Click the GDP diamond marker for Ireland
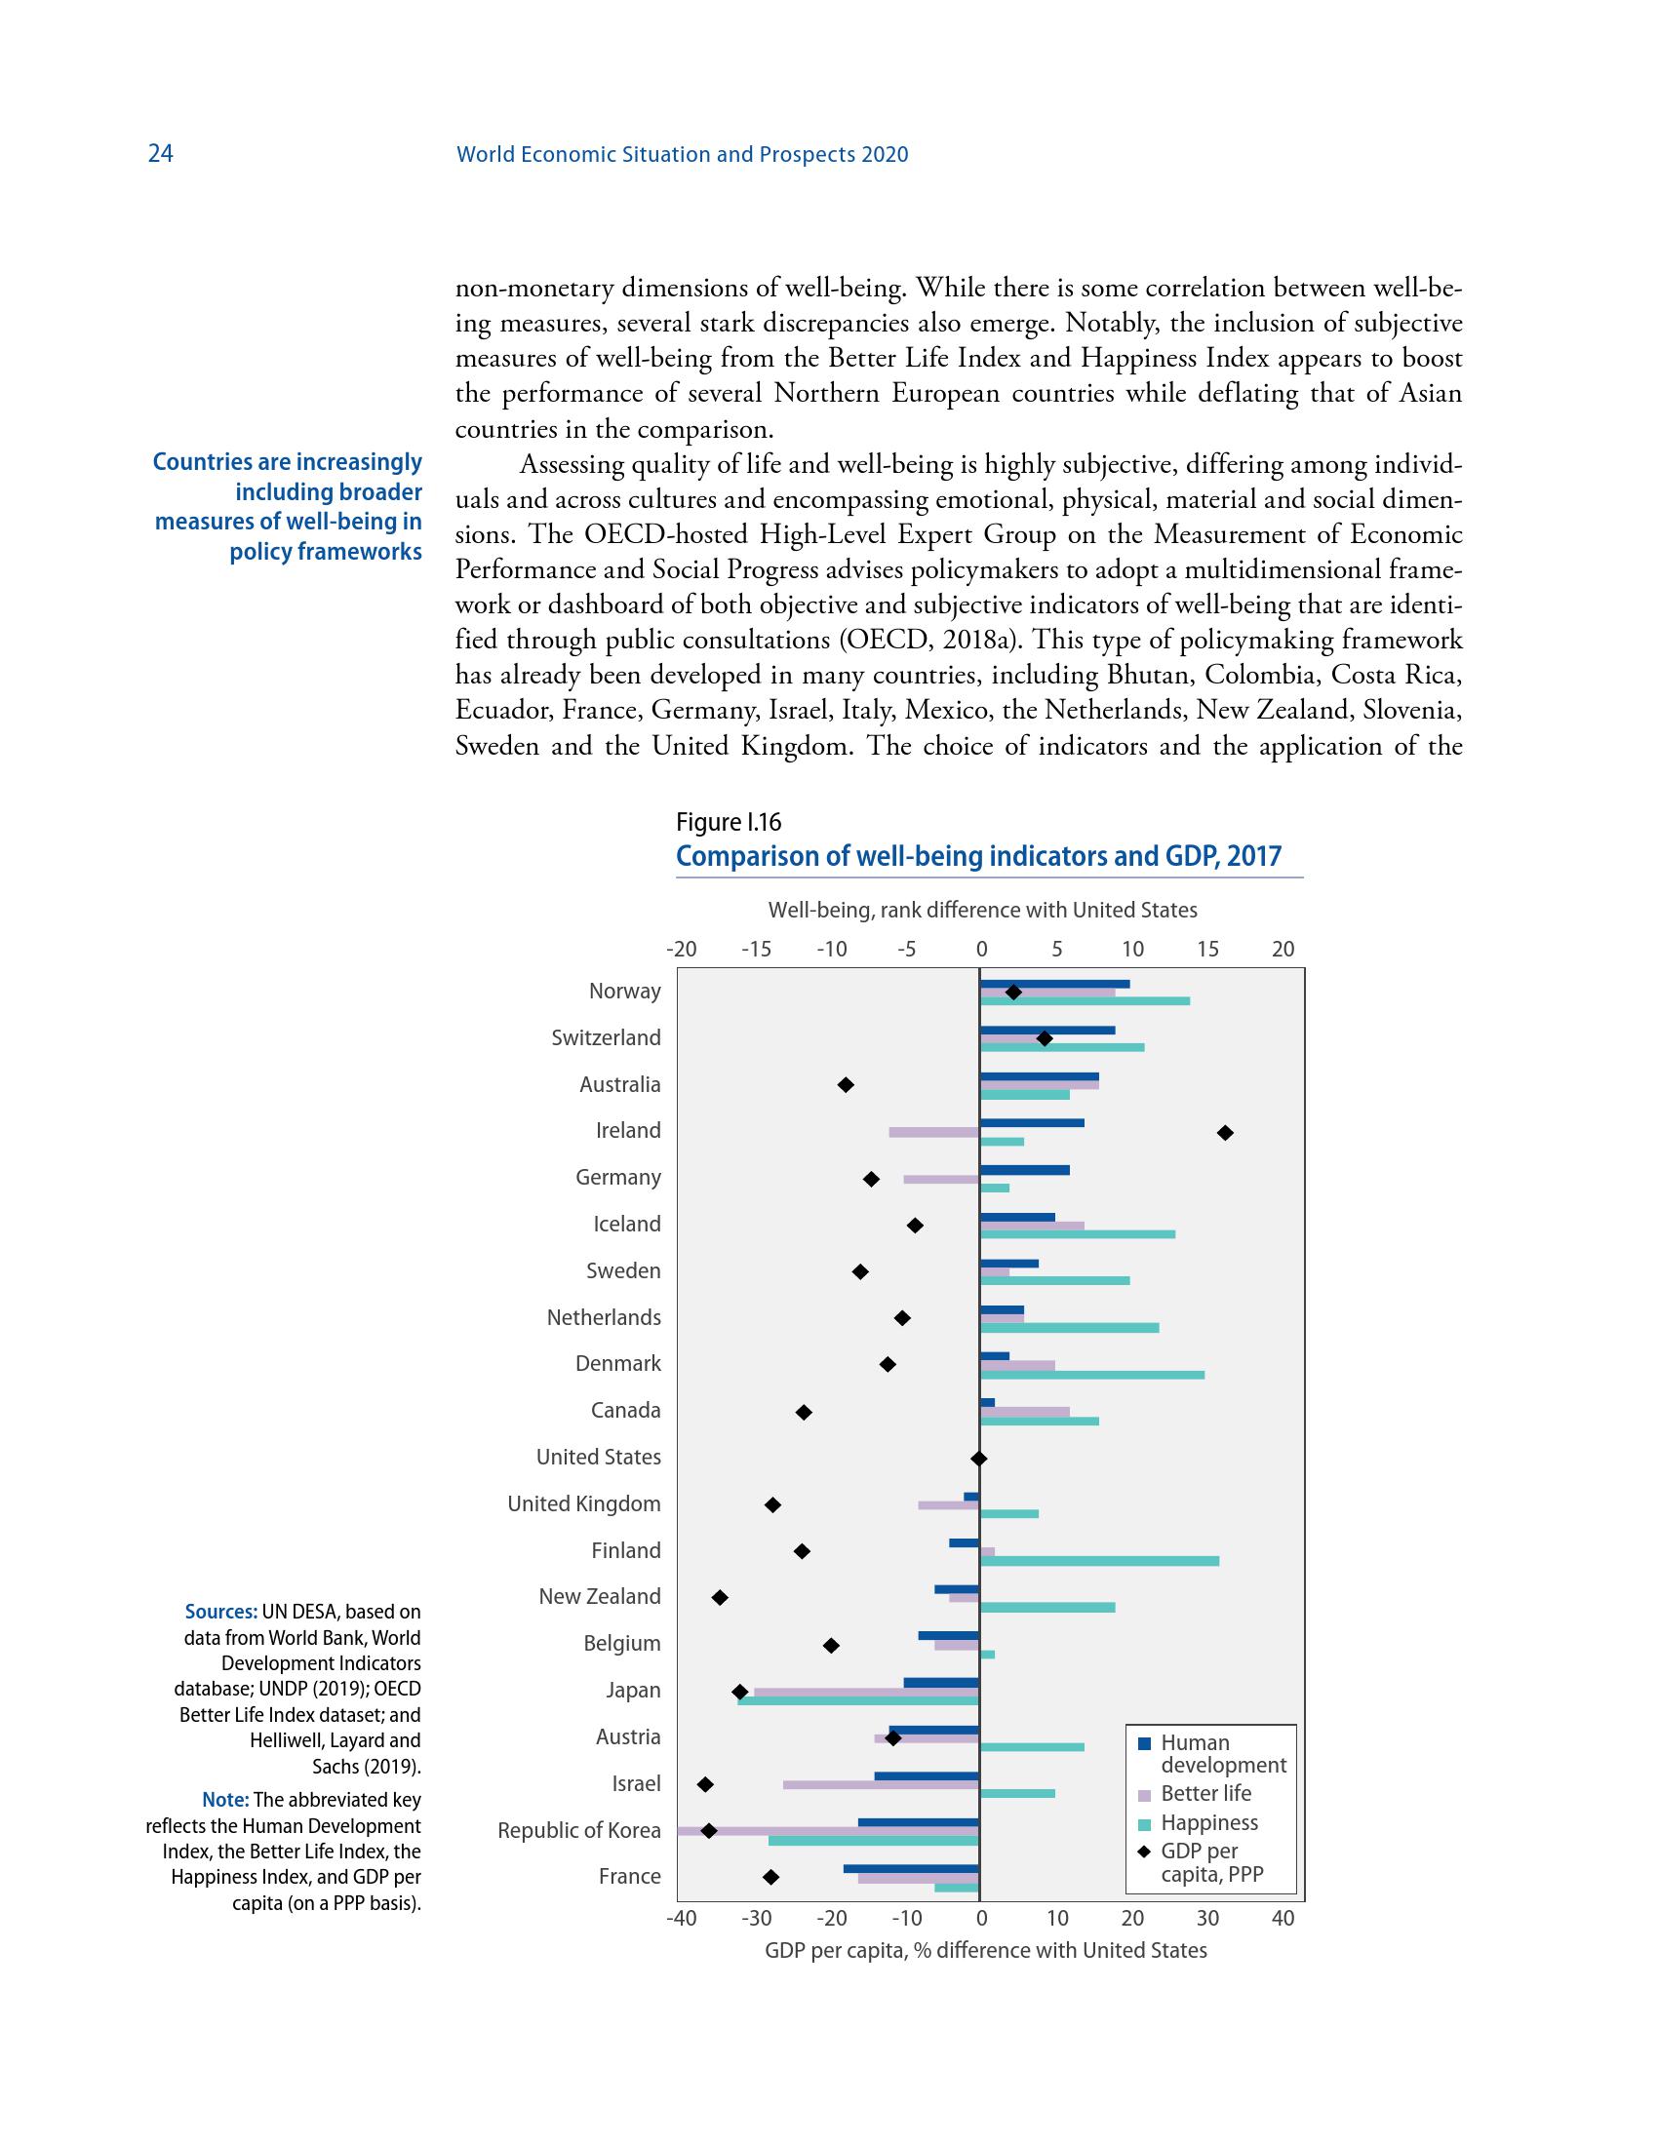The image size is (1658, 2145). tap(1225, 1132)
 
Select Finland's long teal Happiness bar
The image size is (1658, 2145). tap(1099, 1561)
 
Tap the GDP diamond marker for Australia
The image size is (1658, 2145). tap(846, 1084)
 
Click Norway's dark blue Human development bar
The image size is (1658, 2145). tap(1055, 983)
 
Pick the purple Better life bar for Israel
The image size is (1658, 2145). tap(880, 1784)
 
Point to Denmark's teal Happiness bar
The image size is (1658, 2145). tap(1092, 1374)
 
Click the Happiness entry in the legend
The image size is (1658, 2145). tap(1208, 1823)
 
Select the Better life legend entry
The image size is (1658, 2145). tap(1205, 1793)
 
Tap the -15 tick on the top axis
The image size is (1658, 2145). tap(755, 950)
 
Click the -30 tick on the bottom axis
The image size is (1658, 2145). tap(755, 1918)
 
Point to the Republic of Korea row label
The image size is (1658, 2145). tap(578, 1831)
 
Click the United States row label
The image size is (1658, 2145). tap(598, 1457)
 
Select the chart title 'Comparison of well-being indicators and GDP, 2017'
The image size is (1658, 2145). tap(978, 856)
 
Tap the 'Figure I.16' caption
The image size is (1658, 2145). tap(728, 822)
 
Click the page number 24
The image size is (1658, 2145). tap(160, 153)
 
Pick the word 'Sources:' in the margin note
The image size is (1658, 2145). tap(221, 1612)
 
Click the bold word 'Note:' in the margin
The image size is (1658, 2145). tap(225, 1800)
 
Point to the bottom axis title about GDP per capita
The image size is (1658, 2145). tap(985, 1951)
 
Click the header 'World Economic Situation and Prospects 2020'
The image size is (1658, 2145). tap(683, 154)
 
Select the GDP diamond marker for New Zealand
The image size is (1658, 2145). tap(720, 1598)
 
